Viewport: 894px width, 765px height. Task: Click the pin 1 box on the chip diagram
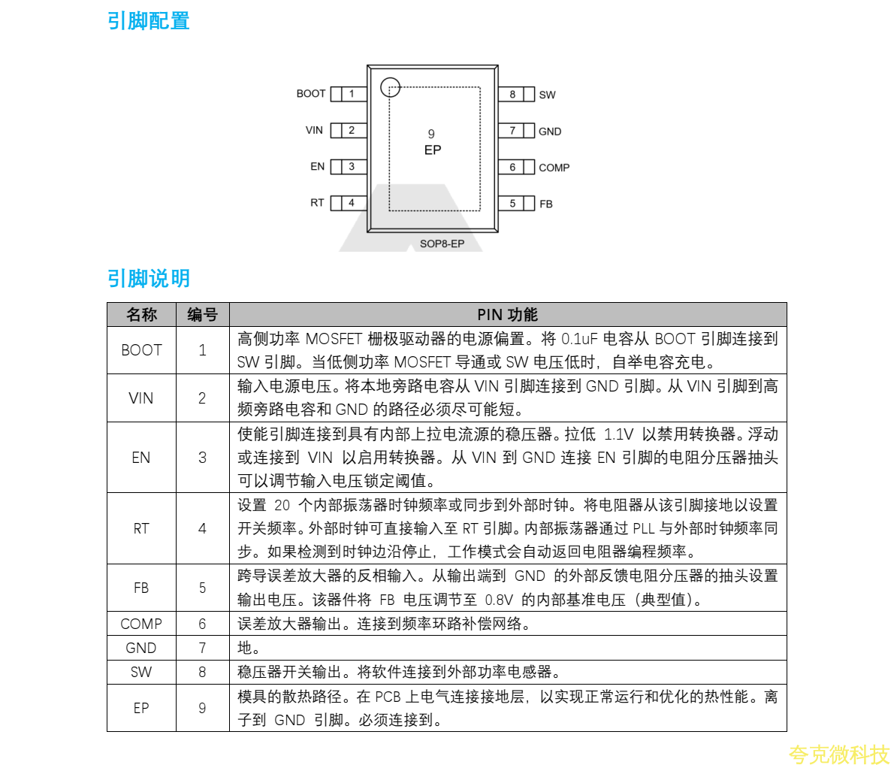351,94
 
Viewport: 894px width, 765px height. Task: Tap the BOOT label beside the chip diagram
311,94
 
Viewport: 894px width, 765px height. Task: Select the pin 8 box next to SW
512,95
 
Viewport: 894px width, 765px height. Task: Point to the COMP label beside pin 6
554,168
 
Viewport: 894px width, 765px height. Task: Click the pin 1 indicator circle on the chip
390,88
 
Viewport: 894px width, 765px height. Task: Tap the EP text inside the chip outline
433,150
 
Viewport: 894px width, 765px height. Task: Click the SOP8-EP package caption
442,243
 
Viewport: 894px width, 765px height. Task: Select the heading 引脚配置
149,21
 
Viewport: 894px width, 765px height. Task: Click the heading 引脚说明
149,279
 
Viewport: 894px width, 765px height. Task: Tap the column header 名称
141,315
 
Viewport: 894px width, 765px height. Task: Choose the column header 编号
202,315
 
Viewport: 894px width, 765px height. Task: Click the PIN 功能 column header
507,315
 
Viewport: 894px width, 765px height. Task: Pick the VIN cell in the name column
141,398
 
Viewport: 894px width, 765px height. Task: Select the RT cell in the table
141,528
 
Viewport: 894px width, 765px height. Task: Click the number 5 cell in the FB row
202,588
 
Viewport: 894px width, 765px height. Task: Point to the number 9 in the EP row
202,708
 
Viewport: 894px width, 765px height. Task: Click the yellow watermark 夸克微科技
838,754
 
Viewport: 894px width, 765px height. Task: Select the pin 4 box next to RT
351,203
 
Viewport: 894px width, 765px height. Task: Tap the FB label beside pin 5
545,204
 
